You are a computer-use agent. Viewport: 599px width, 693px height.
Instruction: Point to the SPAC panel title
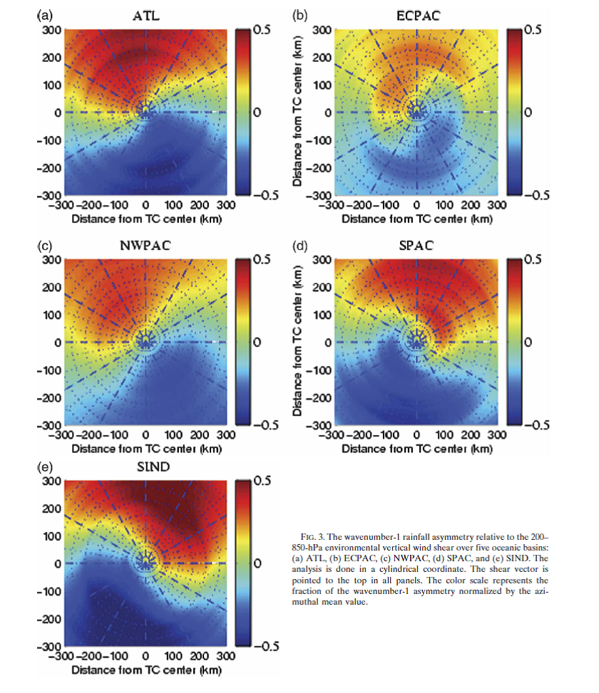(417, 246)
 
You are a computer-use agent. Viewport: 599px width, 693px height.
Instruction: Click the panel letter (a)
(44, 15)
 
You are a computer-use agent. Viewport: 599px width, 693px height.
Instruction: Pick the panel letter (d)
(300, 246)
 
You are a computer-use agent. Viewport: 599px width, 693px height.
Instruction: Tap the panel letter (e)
(44, 467)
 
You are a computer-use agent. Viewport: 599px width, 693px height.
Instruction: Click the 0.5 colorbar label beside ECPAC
(532, 30)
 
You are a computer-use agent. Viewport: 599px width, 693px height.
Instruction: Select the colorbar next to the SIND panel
(242, 563)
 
